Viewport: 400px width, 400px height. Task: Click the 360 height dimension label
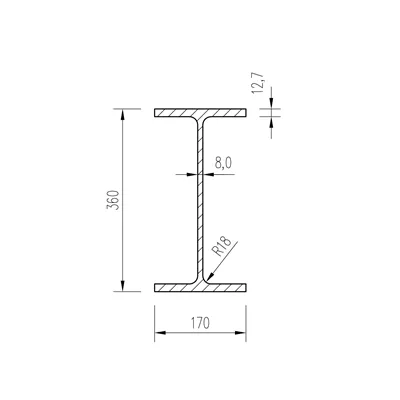pyautogui.click(x=113, y=200)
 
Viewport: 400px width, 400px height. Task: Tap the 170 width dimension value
pyautogui.click(x=200, y=323)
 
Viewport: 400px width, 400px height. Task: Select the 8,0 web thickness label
pyautogui.click(x=223, y=163)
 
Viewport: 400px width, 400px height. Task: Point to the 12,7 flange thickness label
pyautogui.click(x=258, y=83)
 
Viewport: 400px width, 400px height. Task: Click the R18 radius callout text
pyautogui.click(x=221, y=246)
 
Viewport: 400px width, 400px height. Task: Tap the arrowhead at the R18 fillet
pyautogui.click(x=210, y=276)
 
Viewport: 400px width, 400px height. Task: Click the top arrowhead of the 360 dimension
pyautogui.click(x=123, y=114)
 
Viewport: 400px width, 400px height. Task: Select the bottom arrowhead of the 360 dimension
pyautogui.click(x=123, y=286)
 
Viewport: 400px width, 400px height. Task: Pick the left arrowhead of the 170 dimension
pyautogui.click(x=160, y=333)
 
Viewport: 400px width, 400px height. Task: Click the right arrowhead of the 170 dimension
pyautogui.click(x=240, y=333)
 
